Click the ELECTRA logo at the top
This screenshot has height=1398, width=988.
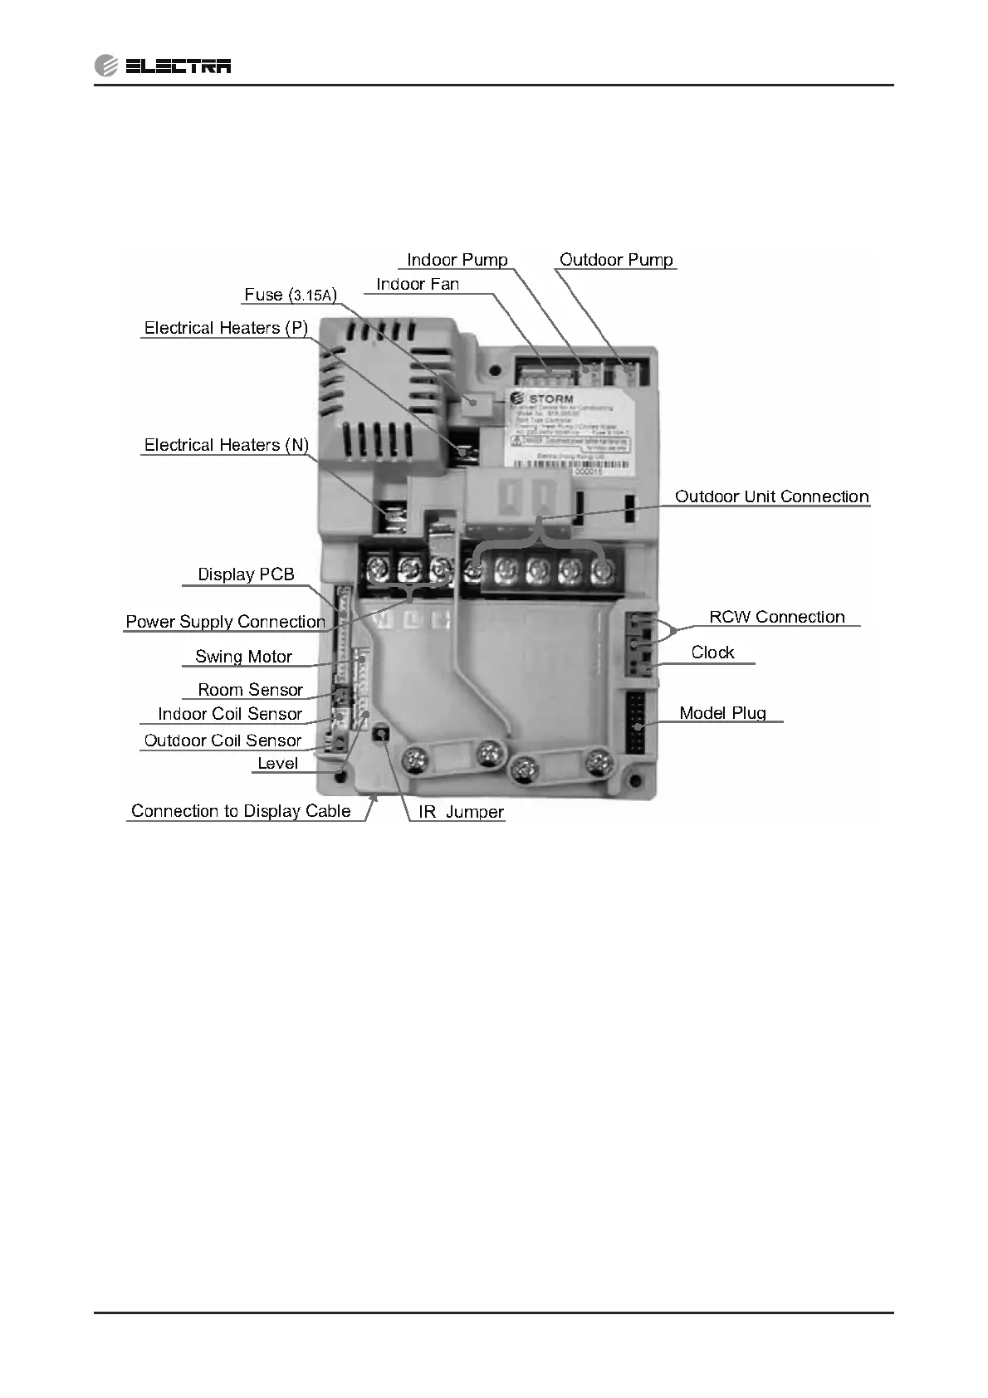[x=164, y=66]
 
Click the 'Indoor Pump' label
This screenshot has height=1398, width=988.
[x=457, y=260]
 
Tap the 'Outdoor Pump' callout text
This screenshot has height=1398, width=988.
[x=616, y=260]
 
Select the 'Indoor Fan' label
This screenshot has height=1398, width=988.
[x=418, y=284]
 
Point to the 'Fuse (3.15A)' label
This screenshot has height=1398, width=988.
[x=291, y=295]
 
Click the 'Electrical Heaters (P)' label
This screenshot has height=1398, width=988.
[x=226, y=328]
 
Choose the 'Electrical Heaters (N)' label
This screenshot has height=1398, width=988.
[x=226, y=445]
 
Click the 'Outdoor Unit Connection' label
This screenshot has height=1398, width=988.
[x=771, y=496]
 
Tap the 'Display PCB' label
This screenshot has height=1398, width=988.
[x=246, y=574]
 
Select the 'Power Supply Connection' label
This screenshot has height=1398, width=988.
[x=225, y=622]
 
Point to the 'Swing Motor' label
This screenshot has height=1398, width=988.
[x=243, y=657]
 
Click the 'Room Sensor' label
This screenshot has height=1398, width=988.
[x=250, y=690]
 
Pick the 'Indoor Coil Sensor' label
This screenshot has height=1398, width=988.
[x=230, y=714]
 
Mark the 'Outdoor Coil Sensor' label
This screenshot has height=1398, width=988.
[x=223, y=741]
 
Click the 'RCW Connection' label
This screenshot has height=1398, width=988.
[x=776, y=617]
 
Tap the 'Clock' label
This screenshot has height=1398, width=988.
[x=712, y=653]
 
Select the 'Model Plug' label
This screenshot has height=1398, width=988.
[x=722, y=713]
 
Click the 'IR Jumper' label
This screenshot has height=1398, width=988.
[x=461, y=812]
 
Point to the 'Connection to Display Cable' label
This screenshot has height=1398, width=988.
[x=241, y=811]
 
